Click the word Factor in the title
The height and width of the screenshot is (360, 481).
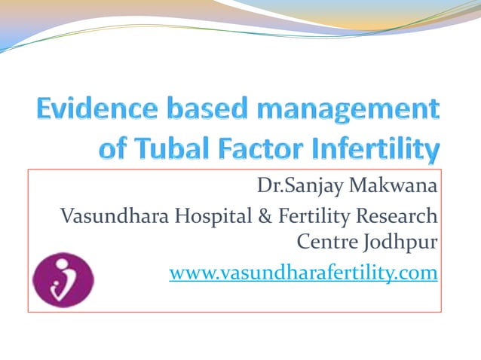click(254, 151)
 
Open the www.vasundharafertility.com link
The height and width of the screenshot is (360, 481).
click(303, 273)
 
